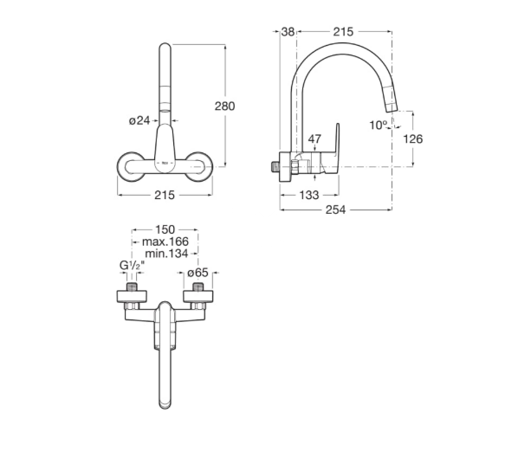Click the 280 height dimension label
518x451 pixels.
pos(224,106)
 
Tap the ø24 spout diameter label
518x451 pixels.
pos(139,120)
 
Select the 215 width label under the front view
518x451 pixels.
pos(165,195)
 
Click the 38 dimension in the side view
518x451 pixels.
pos(288,32)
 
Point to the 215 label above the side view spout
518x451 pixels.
pos(343,32)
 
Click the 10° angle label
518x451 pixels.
pos(378,126)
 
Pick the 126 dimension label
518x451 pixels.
pos(413,139)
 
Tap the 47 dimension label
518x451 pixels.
pos(314,139)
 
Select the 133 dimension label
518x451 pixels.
pos(309,195)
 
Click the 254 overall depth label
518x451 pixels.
pos(335,209)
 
